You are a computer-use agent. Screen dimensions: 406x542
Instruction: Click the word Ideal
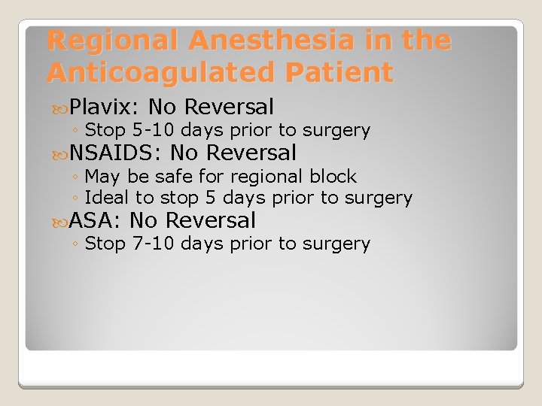coord(106,198)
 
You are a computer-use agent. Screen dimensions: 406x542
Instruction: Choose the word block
coord(334,177)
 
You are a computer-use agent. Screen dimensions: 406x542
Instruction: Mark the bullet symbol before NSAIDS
coord(61,154)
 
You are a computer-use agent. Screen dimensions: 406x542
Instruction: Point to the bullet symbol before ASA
coord(61,222)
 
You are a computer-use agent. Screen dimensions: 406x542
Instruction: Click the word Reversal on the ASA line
coord(210,221)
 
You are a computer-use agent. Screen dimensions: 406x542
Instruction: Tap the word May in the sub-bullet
coord(101,177)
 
